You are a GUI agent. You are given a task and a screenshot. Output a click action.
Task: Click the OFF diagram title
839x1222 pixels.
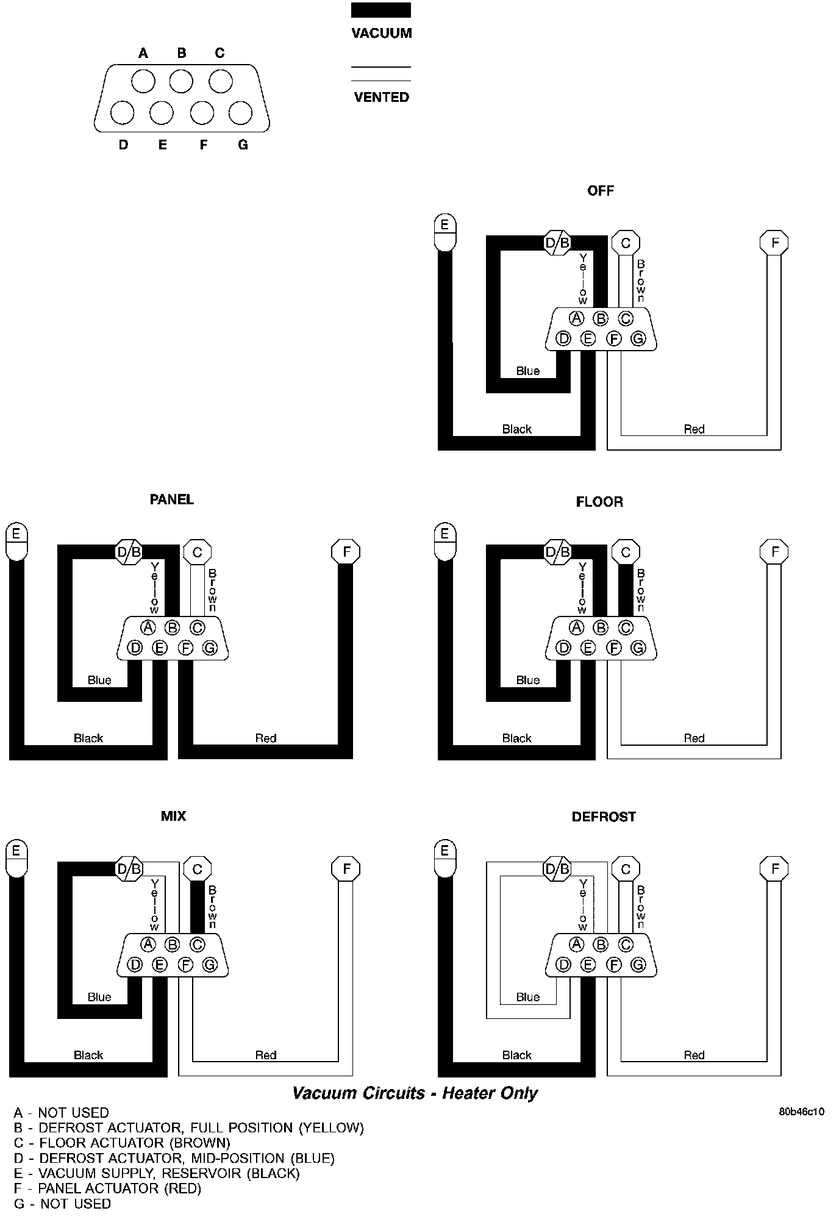[x=600, y=191]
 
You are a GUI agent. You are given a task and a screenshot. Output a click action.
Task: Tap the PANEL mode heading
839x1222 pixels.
[x=171, y=500]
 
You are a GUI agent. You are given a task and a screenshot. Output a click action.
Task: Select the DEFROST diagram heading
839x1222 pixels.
[x=603, y=817]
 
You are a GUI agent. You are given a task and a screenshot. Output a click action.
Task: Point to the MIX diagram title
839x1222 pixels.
[x=173, y=816]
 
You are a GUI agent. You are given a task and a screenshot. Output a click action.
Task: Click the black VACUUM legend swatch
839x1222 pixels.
[x=380, y=10]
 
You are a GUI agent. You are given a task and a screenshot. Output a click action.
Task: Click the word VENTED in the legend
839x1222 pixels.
[x=381, y=97]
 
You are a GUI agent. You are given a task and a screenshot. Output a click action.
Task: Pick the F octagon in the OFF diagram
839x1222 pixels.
[x=774, y=243]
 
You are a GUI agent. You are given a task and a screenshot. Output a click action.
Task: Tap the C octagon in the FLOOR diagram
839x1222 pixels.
[x=626, y=552]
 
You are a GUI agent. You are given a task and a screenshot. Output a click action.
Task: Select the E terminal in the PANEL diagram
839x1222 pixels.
[x=16, y=540]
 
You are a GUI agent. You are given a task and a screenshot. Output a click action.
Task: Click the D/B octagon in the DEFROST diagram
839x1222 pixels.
[x=557, y=868]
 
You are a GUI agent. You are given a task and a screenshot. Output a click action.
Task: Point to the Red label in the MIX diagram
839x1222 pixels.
[x=266, y=1055]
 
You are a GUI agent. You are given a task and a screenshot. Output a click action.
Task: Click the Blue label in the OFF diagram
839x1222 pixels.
[x=527, y=371]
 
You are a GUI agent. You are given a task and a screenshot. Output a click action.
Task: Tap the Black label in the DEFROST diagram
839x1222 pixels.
[x=516, y=1055]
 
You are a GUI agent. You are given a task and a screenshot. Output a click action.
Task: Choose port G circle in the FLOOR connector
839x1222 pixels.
[x=638, y=648]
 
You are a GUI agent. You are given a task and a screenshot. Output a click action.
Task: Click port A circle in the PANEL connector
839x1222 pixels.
[x=148, y=627]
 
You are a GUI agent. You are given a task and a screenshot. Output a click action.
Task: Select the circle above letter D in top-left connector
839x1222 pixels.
[x=123, y=113]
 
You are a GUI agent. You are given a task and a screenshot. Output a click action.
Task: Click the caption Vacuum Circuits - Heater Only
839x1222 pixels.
[x=415, y=1093]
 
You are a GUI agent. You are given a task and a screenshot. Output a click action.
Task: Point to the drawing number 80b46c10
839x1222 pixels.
[x=801, y=1112]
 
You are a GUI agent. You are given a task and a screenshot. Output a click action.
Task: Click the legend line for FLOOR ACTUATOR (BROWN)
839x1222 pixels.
[x=122, y=1143]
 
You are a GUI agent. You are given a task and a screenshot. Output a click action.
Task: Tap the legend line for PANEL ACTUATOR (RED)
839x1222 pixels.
[x=107, y=1188]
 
